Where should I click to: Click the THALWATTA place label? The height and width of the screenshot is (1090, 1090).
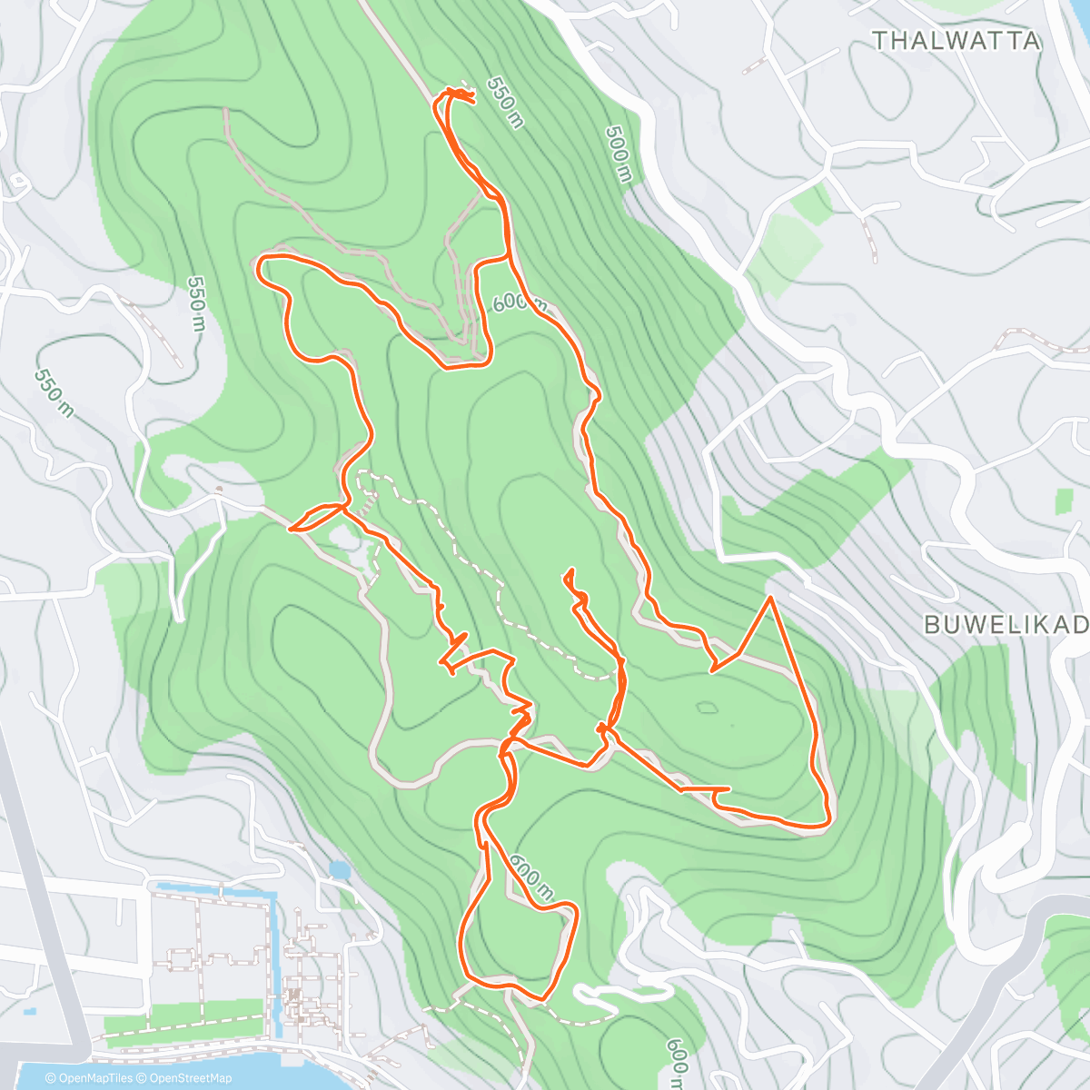click(956, 41)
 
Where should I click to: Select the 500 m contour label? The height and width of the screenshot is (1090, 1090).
click(618, 153)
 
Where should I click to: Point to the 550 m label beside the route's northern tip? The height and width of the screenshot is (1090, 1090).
click(506, 103)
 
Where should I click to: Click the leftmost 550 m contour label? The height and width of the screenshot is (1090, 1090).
click(54, 393)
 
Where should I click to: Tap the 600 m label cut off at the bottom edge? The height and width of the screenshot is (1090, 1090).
click(678, 1063)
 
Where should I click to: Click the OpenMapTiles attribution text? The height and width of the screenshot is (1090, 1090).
click(90, 1078)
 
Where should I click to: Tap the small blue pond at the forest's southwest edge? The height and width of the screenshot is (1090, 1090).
click(339, 870)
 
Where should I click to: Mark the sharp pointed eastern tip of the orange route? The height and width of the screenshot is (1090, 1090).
click(770, 598)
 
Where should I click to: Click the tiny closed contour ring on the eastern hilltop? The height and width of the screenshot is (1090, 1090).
click(706, 707)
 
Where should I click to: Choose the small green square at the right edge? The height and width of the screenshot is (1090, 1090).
click(1064, 500)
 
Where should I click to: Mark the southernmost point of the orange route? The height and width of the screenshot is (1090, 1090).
click(543, 1000)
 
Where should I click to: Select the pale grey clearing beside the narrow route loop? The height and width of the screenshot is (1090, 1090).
click(345, 539)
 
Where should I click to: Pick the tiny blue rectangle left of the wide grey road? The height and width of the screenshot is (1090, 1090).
click(30, 1011)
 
